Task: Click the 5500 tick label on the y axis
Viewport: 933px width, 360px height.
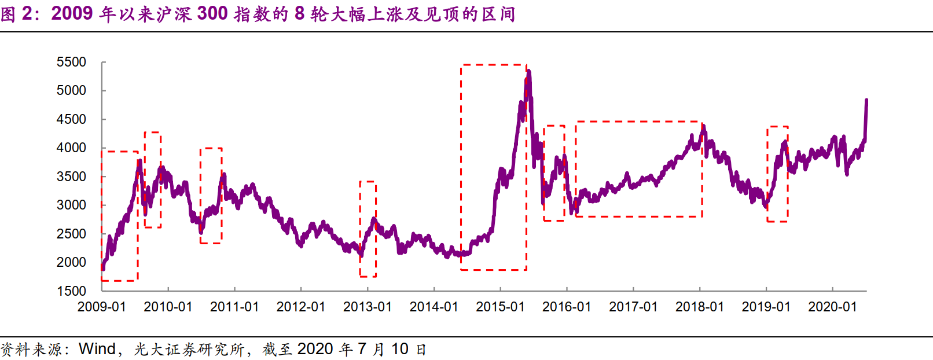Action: coord(71,62)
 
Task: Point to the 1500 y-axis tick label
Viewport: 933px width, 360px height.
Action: coord(71,291)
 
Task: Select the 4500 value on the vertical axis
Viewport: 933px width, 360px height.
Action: coord(71,119)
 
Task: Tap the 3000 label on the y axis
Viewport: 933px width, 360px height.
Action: coord(71,205)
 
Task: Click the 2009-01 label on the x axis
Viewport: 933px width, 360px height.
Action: coord(102,307)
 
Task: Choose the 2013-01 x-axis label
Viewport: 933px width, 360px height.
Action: coord(368,307)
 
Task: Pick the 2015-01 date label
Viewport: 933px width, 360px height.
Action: coord(500,307)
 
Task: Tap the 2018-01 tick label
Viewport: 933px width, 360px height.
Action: coord(700,307)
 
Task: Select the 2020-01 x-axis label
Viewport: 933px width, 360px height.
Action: coord(832,307)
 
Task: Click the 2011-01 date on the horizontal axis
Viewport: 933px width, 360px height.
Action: coord(234,307)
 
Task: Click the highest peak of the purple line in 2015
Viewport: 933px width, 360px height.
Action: coord(529,72)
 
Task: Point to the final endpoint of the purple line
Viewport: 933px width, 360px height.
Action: coord(866,100)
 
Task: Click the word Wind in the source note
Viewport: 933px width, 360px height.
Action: coord(97,349)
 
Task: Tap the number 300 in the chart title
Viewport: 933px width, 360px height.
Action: coord(212,13)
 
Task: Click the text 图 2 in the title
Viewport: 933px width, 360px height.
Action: coord(16,13)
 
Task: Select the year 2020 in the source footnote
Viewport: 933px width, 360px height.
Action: coord(315,349)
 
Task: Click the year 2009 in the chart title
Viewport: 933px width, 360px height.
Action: coord(72,13)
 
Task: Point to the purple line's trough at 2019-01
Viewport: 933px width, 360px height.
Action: coord(766,206)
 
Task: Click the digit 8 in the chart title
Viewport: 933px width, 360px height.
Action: coord(299,13)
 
